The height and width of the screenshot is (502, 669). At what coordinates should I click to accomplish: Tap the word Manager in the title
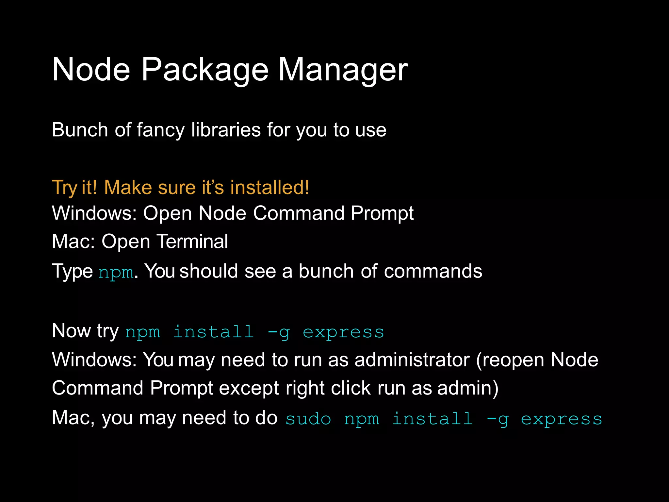[x=343, y=70]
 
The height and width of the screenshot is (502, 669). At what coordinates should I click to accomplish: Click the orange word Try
[x=64, y=188]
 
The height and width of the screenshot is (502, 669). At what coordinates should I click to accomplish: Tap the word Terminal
[x=192, y=242]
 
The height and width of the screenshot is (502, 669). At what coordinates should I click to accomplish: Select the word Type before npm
[x=72, y=272]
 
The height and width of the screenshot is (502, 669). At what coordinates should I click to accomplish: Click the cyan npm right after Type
[x=116, y=272]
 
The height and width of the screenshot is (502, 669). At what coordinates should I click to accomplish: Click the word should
[x=208, y=271]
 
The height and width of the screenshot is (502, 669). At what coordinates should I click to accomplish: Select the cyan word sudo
[x=308, y=419]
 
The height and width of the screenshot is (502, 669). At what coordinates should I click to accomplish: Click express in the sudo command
[x=561, y=419]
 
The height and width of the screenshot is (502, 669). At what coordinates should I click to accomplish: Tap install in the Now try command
[x=213, y=332]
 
